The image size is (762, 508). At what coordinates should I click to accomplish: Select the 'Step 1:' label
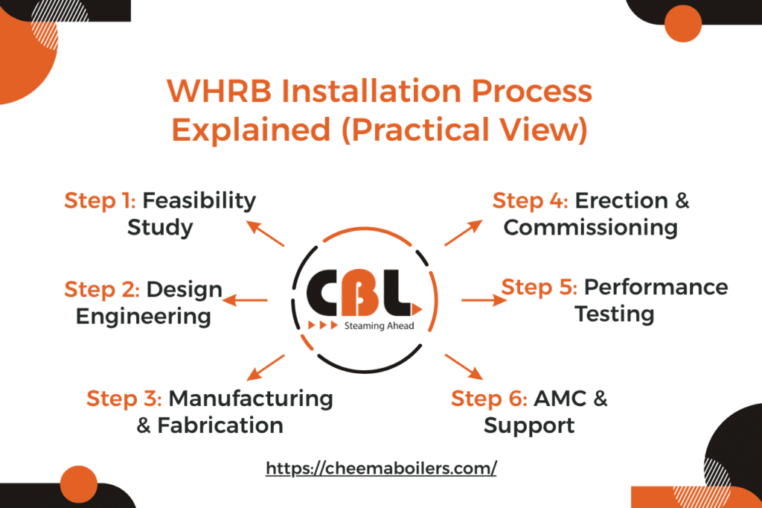tap(100, 200)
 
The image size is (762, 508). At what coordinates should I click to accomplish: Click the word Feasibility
tap(199, 200)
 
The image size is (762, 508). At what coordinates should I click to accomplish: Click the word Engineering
tap(143, 316)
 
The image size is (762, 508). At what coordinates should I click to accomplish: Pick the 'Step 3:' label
tap(124, 398)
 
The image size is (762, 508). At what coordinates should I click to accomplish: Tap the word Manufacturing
tap(251, 398)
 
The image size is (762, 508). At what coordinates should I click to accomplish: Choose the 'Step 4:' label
tap(529, 200)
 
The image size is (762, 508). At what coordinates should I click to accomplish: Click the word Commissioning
tap(590, 227)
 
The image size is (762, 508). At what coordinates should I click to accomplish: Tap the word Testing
tap(614, 314)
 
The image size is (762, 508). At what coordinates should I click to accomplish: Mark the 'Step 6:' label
tap(489, 399)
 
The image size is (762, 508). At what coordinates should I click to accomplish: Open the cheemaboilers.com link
tap(381, 469)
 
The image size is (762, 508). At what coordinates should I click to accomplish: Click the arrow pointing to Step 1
tap(266, 233)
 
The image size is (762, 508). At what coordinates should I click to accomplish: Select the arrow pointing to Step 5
tap(484, 300)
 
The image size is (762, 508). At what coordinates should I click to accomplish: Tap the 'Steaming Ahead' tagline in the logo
tap(379, 326)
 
